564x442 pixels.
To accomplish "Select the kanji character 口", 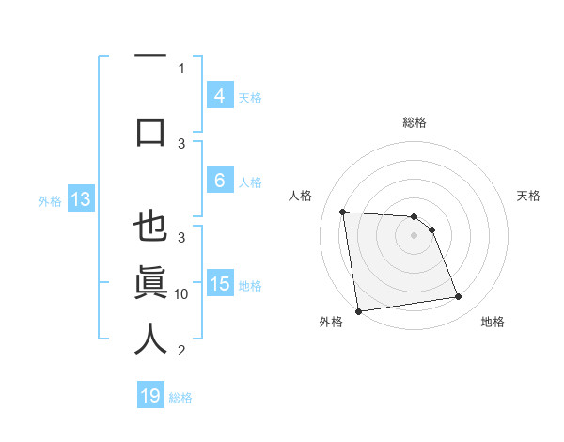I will (x=150, y=132).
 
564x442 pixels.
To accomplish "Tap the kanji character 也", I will (x=150, y=229).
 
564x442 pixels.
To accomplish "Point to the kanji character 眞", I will (x=150, y=283).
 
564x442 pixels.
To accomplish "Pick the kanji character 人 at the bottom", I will (x=150, y=339).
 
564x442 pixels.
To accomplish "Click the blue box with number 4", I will (x=219, y=96).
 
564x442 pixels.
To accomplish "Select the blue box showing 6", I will (x=219, y=181).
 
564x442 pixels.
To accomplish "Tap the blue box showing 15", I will (x=220, y=285).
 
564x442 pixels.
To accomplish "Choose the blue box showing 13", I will (x=80, y=199).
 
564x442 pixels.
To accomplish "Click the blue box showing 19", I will (x=150, y=396).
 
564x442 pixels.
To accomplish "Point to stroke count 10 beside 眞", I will (x=181, y=294).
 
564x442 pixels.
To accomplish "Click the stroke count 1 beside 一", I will (x=181, y=68).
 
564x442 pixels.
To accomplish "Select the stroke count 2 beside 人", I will (x=181, y=351).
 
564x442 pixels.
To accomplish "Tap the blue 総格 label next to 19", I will (x=181, y=398).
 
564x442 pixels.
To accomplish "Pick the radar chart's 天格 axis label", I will (x=529, y=196).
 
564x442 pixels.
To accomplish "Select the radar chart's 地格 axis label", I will (x=493, y=322).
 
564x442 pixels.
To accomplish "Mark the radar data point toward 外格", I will (x=358, y=310).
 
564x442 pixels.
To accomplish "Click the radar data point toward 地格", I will (x=458, y=297).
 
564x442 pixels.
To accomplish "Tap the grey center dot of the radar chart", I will (x=414, y=235).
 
